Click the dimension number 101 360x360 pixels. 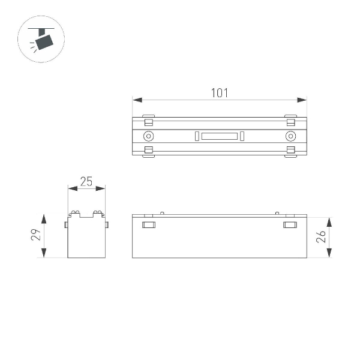(219, 92)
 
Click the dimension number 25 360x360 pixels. (86, 182)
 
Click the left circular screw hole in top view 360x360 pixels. (148, 136)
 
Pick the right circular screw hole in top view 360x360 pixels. (290, 136)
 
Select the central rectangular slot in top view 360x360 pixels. (219, 136)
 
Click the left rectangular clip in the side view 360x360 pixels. (148, 225)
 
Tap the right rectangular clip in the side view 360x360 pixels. (290, 225)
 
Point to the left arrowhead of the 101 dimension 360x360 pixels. (136, 100)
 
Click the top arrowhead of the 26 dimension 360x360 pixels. (329, 220)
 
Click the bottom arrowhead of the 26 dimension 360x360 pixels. (329, 254)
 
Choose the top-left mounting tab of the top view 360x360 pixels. (148, 116)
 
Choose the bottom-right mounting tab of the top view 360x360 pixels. (290, 155)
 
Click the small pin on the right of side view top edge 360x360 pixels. (277, 212)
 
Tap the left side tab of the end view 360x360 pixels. (66, 224)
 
